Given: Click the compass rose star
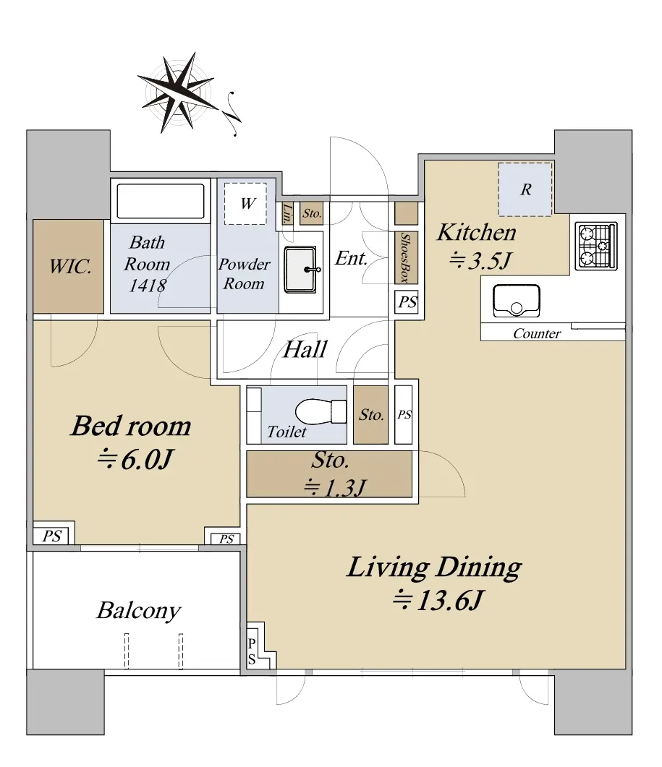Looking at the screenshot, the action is pyautogui.click(x=178, y=93).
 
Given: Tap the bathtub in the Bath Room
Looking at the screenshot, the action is pyautogui.click(x=161, y=200).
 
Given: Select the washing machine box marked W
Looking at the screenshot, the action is pyautogui.click(x=245, y=203).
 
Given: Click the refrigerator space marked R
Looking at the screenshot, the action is pyautogui.click(x=525, y=189).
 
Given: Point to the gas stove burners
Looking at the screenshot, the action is pyautogui.click(x=596, y=246).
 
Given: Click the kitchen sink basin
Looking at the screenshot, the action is pyautogui.click(x=517, y=300).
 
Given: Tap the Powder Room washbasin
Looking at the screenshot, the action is pyautogui.click(x=301, y=270).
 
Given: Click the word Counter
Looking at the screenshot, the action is pyautogui.click(x=537, y=333).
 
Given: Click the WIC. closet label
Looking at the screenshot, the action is pyautogui.click(x=70, y=267).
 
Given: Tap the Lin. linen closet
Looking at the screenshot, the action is pyautogui.click(x=287, y=214).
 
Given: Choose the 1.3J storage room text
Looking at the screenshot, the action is pyautogui.click(x=335, y=487).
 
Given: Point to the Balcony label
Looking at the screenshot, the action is pyautogui.click(x=139, y=610).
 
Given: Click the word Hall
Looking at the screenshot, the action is pyautogui.click(x=305, y=349).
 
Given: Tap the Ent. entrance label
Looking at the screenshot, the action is pyautogui.click(x=351, y=258).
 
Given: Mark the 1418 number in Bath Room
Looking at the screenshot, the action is pyautogui.click(x=148, y=285).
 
